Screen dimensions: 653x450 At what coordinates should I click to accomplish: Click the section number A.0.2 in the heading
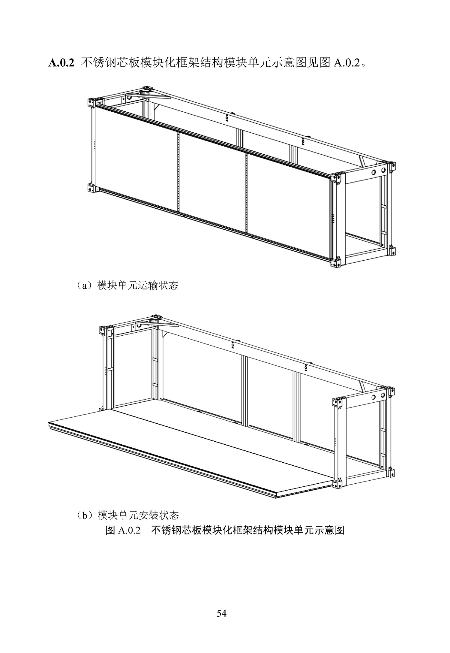coord(61,63)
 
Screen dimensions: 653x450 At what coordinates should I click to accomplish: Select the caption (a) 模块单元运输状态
coord(127,285)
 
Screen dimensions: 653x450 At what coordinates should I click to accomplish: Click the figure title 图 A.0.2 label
coord(123,530)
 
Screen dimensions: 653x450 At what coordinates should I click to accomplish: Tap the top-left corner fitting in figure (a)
coord(91,103)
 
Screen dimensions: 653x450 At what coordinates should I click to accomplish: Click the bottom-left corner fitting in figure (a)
coord(91,188)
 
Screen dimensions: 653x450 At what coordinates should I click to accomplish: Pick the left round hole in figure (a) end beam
coord(374,172)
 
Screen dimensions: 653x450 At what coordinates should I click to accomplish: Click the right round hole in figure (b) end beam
coord(383,395)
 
